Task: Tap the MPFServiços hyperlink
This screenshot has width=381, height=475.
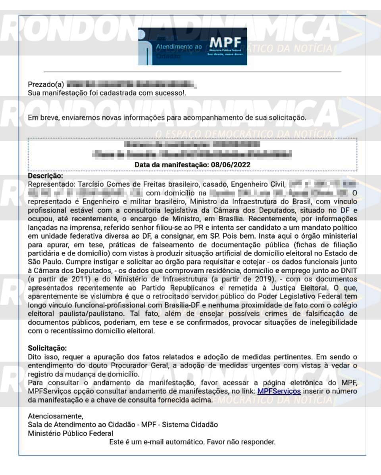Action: [x=279, y=392]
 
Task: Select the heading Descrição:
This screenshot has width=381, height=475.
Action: [x=46, y=176]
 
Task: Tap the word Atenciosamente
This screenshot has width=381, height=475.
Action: [x=56, y=416]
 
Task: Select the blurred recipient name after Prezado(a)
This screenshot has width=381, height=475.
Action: [x=131, y=84]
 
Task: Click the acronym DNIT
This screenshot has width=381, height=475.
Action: [x=348, y=270]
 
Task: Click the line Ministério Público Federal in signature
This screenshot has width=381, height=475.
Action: [x=70, y=433]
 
